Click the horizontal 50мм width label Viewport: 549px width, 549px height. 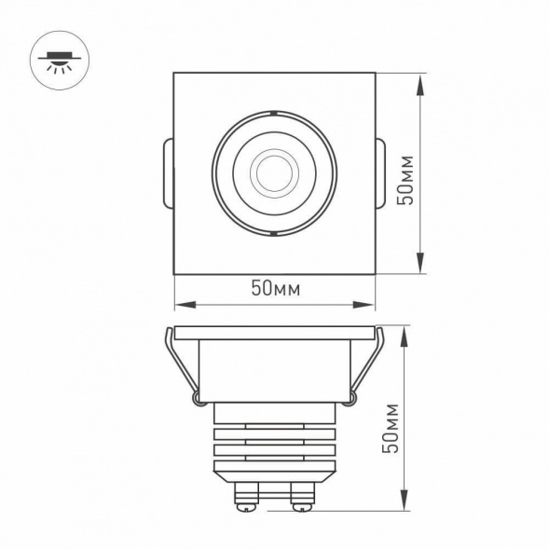274,288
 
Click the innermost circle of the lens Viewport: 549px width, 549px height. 274,172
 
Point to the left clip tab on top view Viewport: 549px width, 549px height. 168,173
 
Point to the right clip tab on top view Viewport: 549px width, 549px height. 380,173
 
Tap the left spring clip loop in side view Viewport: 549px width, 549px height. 198,399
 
